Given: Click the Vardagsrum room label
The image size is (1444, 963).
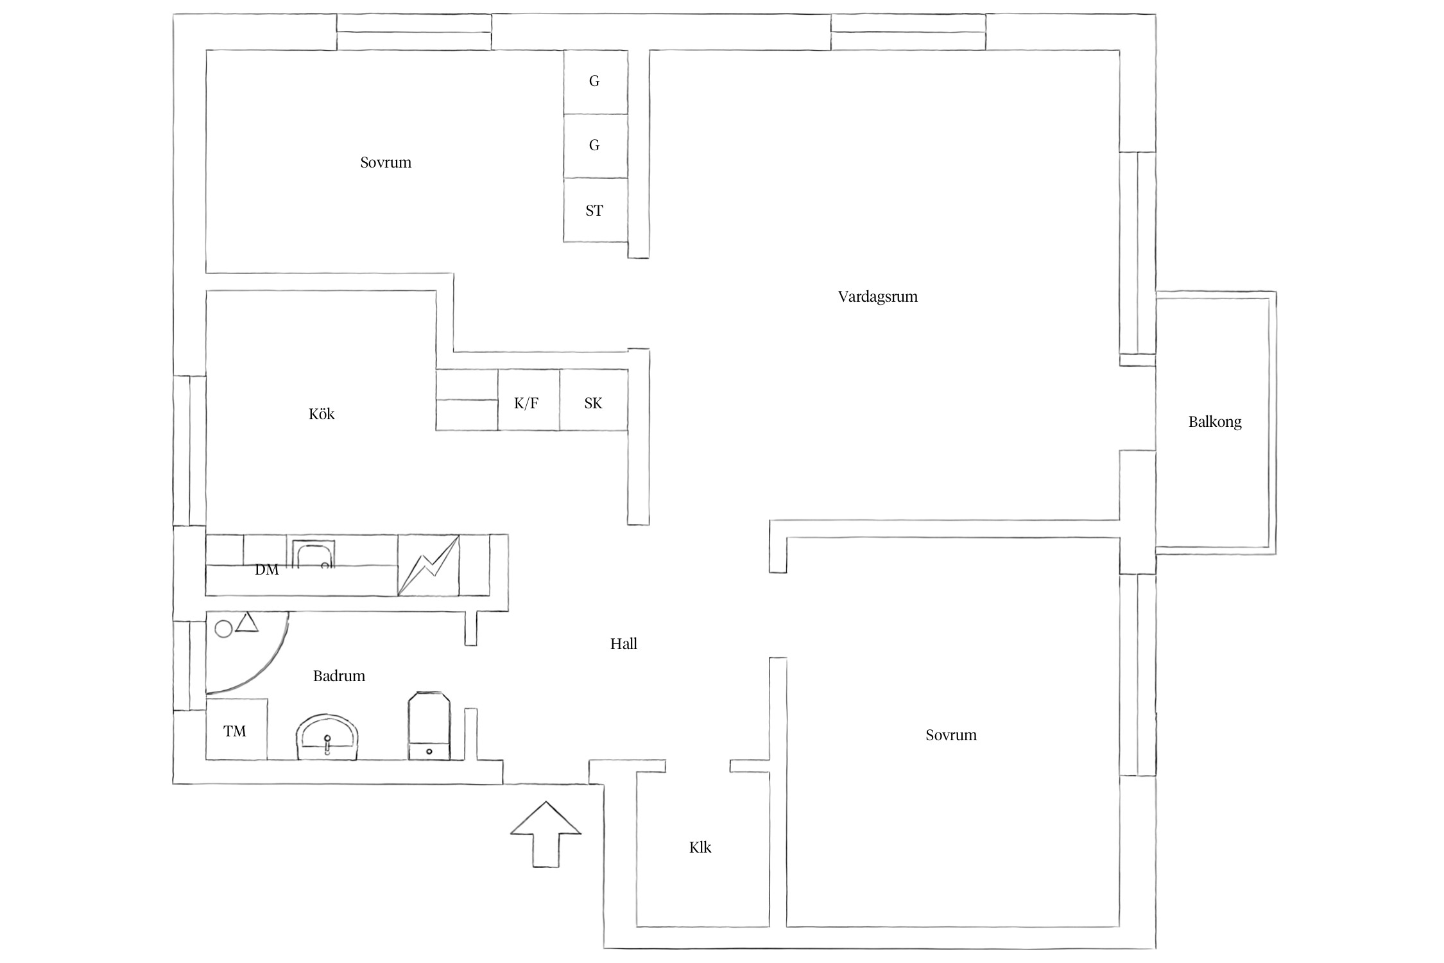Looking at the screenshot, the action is [x=877, y=297].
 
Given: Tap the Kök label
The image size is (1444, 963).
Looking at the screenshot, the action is [x=322, y=414].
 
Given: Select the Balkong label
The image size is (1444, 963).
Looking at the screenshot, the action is [x=1215, y=422].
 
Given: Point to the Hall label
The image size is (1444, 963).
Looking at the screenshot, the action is [x=623, y=644].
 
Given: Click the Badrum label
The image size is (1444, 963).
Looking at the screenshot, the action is [x=339, y=676].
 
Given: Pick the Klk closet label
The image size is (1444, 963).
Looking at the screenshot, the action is [x=700, y=847].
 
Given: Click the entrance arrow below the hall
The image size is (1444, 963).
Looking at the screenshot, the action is [x=546, y=834].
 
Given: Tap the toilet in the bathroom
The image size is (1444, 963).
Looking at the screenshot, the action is [x=429, y=726].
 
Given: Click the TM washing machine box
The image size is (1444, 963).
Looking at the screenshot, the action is [x=236, y=730].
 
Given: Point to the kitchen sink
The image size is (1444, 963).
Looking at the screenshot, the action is [x=313, y=554].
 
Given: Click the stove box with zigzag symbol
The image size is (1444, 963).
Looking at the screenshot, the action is [x=429, y=565].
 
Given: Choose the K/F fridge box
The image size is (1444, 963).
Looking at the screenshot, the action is [x=529, y=400].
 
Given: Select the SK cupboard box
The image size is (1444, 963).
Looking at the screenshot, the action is [x=594, y=400].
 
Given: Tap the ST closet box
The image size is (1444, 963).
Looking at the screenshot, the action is [x=596, y=210].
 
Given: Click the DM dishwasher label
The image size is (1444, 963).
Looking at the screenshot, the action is [x=267, y=570].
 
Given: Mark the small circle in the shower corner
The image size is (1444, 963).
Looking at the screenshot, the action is [x=223, y=629].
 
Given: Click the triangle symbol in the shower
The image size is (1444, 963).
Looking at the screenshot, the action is [x=247, y=623].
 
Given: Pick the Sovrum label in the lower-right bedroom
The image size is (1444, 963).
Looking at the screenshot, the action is [x=951, y=736].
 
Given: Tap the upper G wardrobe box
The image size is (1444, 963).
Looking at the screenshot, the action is [x=596, y=82].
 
